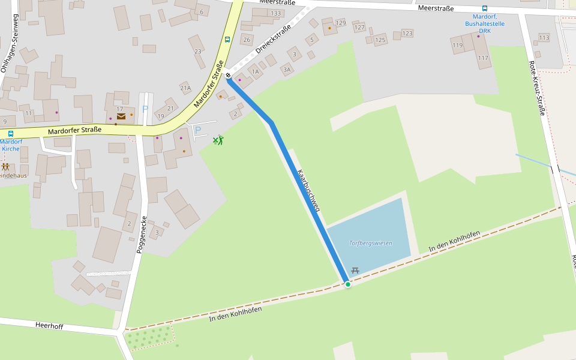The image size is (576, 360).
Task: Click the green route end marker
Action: (x=347, y=284)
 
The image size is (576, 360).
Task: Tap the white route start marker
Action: (x=228, y=75)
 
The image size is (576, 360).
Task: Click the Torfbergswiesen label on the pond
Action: (x=371, y=243)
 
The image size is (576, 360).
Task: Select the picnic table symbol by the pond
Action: (x=355, y=271)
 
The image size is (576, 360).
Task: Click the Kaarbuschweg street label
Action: (x=308, y=190)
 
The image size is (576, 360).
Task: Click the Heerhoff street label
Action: (x=49, y=326)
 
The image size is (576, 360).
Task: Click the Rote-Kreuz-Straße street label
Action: (x=538, y=88)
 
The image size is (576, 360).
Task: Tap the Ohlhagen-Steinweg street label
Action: (x=9, y=43)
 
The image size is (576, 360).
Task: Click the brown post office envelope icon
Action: (x=121, y=116)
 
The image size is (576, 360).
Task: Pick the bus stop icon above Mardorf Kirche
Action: (x=11, y=134)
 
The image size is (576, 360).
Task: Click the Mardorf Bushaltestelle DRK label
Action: (x=485, y=23)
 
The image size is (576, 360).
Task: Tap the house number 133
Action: (x=275, y=13)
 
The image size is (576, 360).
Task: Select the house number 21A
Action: (x=185, y=88)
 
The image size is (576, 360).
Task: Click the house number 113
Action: (x=544, y=38)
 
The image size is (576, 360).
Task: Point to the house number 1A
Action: (x=255, y=72)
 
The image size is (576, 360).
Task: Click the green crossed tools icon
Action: (x=218, y=140)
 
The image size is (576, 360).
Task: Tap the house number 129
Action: (x=341, y=23)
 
